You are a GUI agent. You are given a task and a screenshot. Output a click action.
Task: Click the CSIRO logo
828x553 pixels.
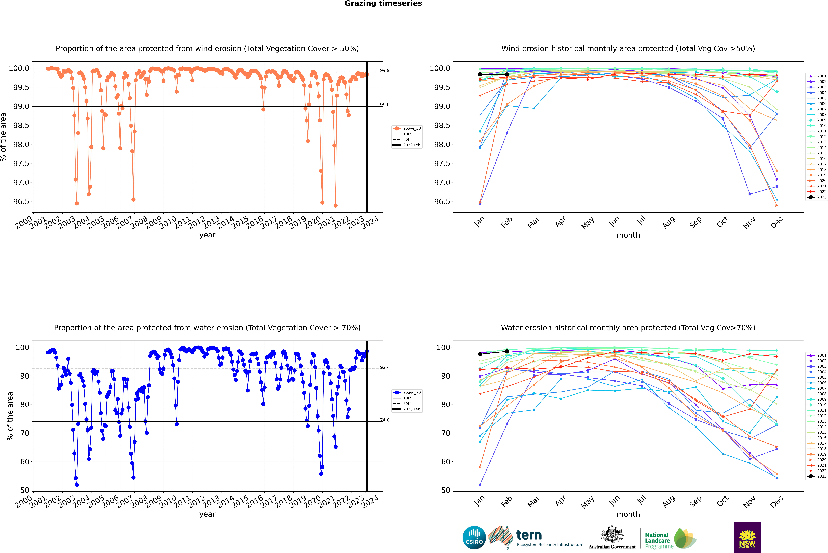tap(474, 538)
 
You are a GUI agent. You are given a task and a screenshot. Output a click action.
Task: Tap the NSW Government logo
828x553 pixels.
tap(747, 538)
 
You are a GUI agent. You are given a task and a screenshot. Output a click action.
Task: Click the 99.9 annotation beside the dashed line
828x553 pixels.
tap(385, 71)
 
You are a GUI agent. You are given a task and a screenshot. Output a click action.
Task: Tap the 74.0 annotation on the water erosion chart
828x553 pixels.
tap(385, 420)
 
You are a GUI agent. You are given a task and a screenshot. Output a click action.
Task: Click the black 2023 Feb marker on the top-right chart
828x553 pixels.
tap(507, 74)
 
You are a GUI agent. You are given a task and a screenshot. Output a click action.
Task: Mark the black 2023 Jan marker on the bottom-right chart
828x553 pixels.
tap(480, 354)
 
